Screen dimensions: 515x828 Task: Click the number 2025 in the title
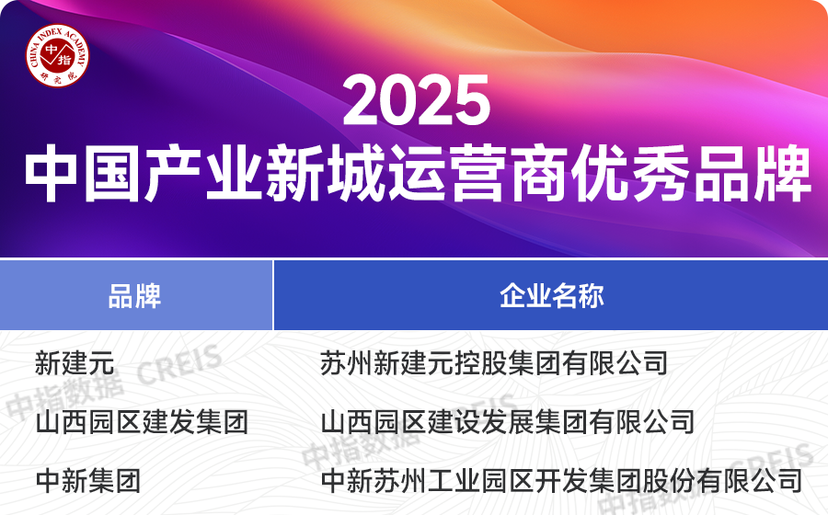pyautogui.click(x=416, y=101)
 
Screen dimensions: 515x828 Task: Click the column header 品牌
pyautogui.click(x=134, y=296)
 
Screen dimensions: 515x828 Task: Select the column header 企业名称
pyautogui.click(x=551, y=296)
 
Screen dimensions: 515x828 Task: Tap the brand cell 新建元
pyautogui.click(x=75, y=362)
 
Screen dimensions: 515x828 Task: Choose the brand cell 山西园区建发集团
pyautogui.click(x=142, y=422)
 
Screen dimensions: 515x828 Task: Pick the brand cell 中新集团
pyautogui.click(x=87, y=480)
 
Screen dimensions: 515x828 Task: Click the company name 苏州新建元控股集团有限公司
pyautogui.click(x=494, y=362)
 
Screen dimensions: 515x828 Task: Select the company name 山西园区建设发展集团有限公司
pyautogui.click(x=507, y=422)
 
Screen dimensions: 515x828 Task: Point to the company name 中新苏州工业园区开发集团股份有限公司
pyautogui.click(x=561, y=480)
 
